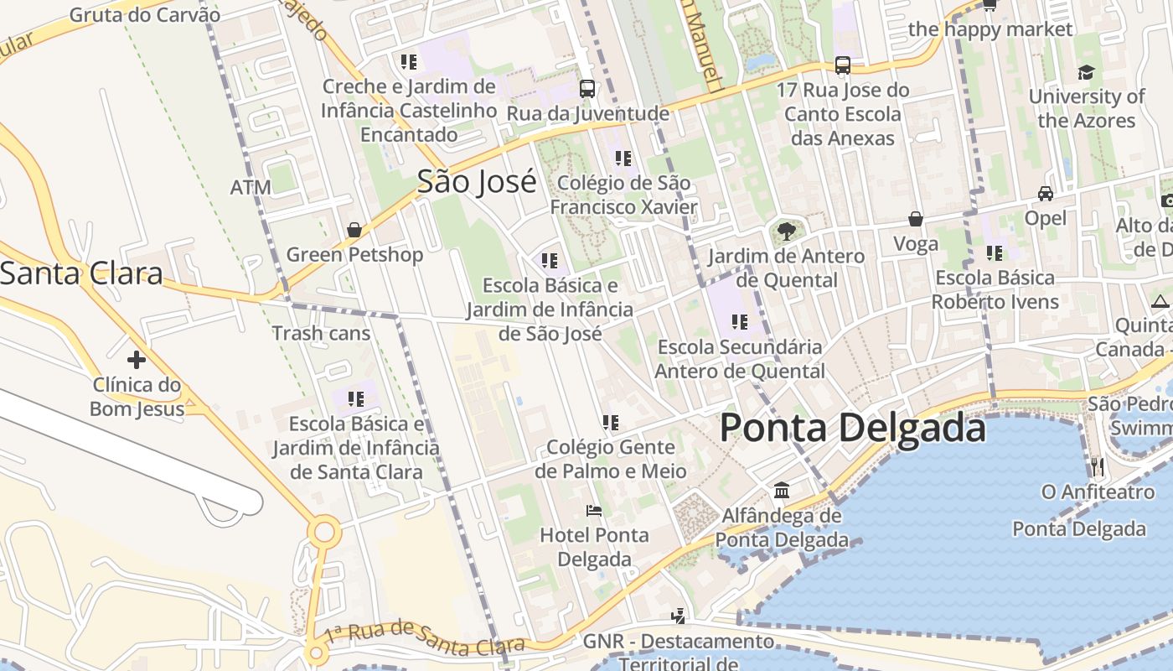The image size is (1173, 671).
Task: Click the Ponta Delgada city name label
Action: click(x=852, y=429)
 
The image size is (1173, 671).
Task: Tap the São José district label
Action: click(x=477, y=181)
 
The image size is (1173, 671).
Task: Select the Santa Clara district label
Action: click(x=81, y=273)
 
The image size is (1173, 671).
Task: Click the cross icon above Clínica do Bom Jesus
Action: click(x=137, y=361)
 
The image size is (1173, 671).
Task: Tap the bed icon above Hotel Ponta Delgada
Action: click(x=594, y=510)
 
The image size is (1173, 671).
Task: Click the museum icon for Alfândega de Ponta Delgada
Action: click(x=782, y=490)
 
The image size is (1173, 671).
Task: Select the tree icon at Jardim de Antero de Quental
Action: click(x=786, y=231)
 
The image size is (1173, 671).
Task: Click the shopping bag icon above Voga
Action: click(x=916, y=219)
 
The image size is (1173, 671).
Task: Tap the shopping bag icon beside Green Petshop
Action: click(x=354, y=230)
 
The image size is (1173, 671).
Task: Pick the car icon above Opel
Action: click(x=1046, y=194)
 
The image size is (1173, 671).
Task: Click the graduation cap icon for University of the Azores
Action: click(x=1086, y=72)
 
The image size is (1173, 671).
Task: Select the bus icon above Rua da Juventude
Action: click(x=587, y=88)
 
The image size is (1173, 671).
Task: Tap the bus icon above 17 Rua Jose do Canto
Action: click(x=843, y=65)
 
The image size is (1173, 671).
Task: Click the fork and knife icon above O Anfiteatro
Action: click(x=1097, y=466)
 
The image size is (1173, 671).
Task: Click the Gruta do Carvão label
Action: click(x=145, y=15)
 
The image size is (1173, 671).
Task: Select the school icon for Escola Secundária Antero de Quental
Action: click(x=739, y=321)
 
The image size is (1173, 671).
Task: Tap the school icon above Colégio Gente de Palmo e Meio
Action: click(x=610, y=423)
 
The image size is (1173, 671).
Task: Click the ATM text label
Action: click(x=251, y=187)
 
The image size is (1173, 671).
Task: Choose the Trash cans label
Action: click(x=321, y=333)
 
